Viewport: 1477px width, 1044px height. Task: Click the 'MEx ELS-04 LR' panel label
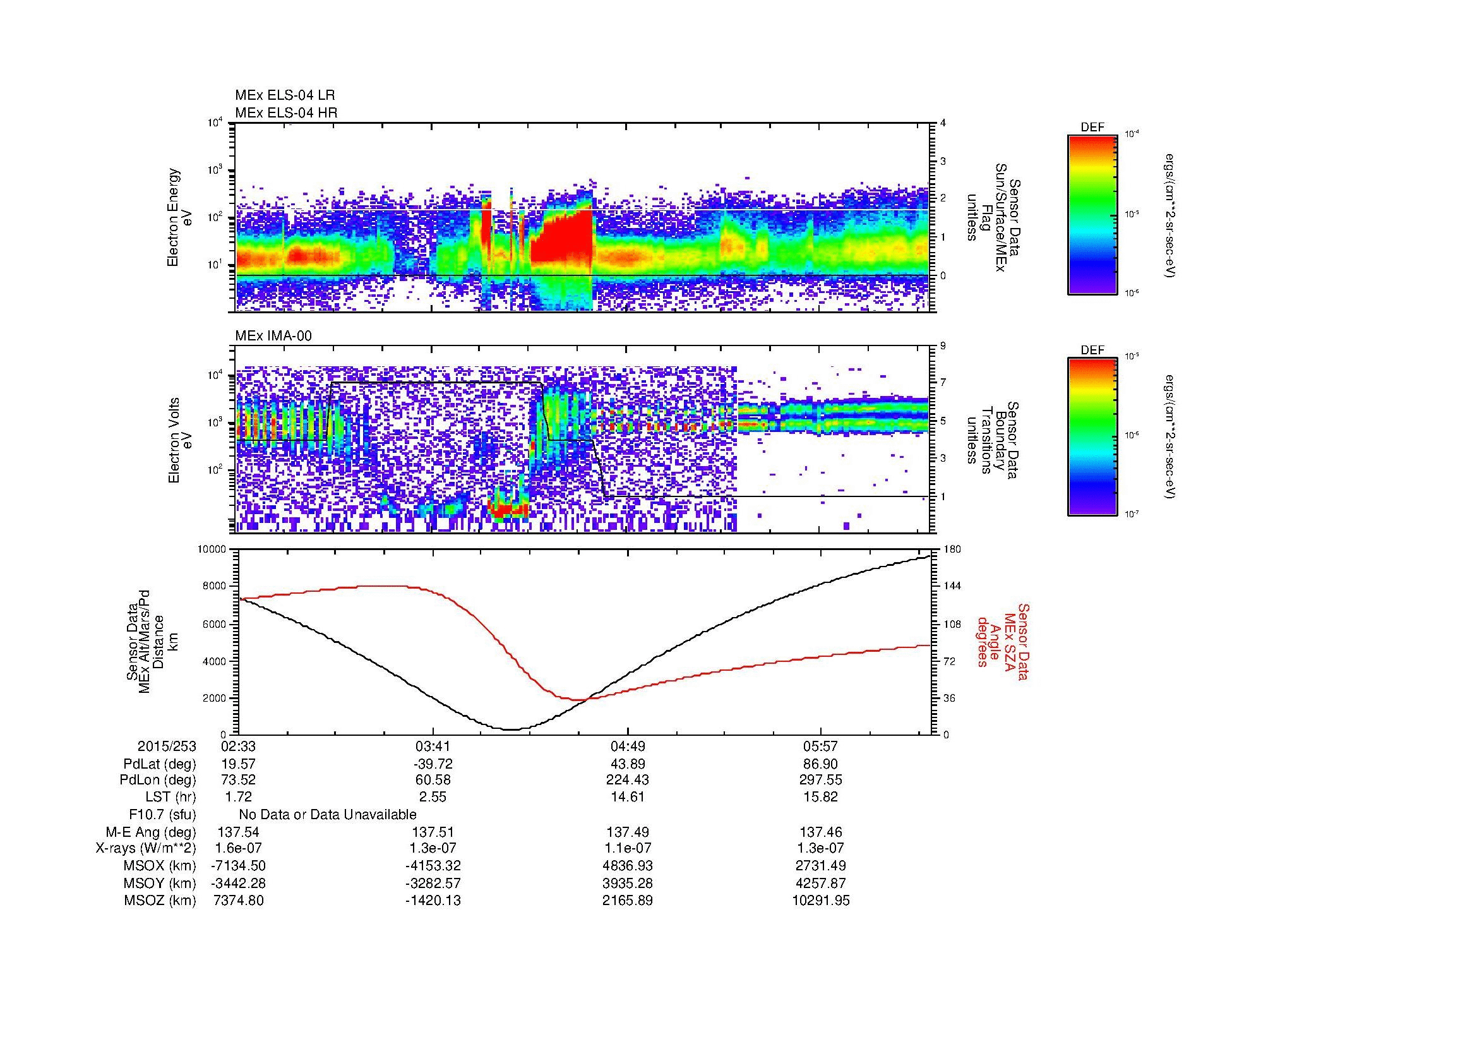tap(284, 95)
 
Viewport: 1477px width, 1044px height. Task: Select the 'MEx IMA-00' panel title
tap(273, 336)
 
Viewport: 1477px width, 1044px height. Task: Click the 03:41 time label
tap(433, 747)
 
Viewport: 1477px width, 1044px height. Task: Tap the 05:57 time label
tap(821, 747)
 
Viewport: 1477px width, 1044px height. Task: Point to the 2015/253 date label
tap(167, 747)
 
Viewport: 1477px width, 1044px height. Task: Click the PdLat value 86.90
tap(821, 764)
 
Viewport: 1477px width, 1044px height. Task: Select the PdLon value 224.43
tap(627, 780)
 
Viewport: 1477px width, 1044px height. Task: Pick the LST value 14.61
tap(627, 798)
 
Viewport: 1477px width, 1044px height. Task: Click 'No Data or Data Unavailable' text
tap(328, 815)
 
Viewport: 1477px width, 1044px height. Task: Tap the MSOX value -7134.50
tap(238, 866)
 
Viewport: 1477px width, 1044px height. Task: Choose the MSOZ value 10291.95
tap(821, 901)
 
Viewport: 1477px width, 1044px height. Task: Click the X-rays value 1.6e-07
tap(238, 848)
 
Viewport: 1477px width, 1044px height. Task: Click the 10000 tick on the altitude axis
tap(212, 549)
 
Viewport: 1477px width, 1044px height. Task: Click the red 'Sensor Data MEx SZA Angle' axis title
tap(1003, 641)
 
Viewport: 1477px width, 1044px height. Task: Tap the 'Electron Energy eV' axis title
tap(180, 217)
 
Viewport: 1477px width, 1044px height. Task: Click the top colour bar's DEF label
tap(1092, 128)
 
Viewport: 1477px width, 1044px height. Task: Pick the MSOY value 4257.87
tap(821, 883)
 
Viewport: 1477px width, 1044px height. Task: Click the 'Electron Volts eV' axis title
tap(180, 440)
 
